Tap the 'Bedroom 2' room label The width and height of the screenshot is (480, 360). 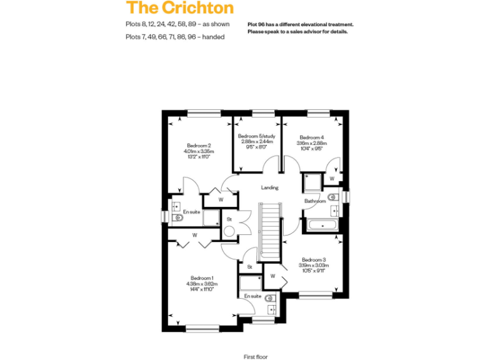click(199, 146)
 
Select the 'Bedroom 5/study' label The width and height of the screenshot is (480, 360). click(257, 136)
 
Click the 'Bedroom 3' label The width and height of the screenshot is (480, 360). click(314, 259)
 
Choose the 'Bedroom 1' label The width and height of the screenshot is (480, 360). click(202, 278)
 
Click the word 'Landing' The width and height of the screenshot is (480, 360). click(269, 187)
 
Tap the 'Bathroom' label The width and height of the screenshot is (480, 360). click(314, 201)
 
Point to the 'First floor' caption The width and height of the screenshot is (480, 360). click(255, 356)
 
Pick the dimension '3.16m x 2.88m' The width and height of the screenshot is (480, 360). click(311, 143)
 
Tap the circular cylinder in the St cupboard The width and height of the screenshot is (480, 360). click(229, 231)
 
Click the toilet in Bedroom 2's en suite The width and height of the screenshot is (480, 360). click(177, 218)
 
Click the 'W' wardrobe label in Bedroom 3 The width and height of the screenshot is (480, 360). click(273, 276)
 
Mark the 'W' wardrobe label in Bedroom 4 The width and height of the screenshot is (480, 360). click(332, 179)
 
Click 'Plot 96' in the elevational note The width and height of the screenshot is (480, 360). click(257, 24)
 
